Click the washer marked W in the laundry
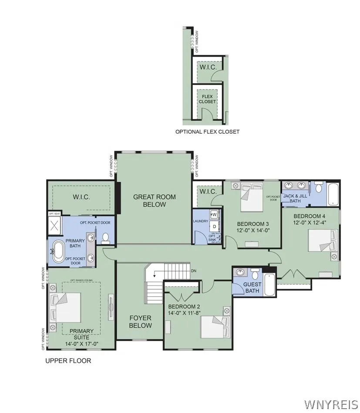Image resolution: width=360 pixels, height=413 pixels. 214,215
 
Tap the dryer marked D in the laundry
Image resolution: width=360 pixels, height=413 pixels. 214,227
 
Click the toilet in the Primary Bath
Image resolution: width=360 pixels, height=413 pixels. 105,238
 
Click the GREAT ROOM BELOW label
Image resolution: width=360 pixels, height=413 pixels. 155,200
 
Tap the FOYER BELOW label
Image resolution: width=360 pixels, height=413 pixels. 140,322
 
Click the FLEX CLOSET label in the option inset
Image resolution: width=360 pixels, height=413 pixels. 207,98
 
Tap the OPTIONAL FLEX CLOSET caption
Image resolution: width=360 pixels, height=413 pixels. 207,132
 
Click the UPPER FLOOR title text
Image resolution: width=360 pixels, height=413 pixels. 68,361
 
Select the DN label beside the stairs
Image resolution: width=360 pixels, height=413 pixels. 194,271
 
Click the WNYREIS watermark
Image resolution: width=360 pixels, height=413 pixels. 331,404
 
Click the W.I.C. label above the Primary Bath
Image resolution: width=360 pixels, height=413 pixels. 81,197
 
